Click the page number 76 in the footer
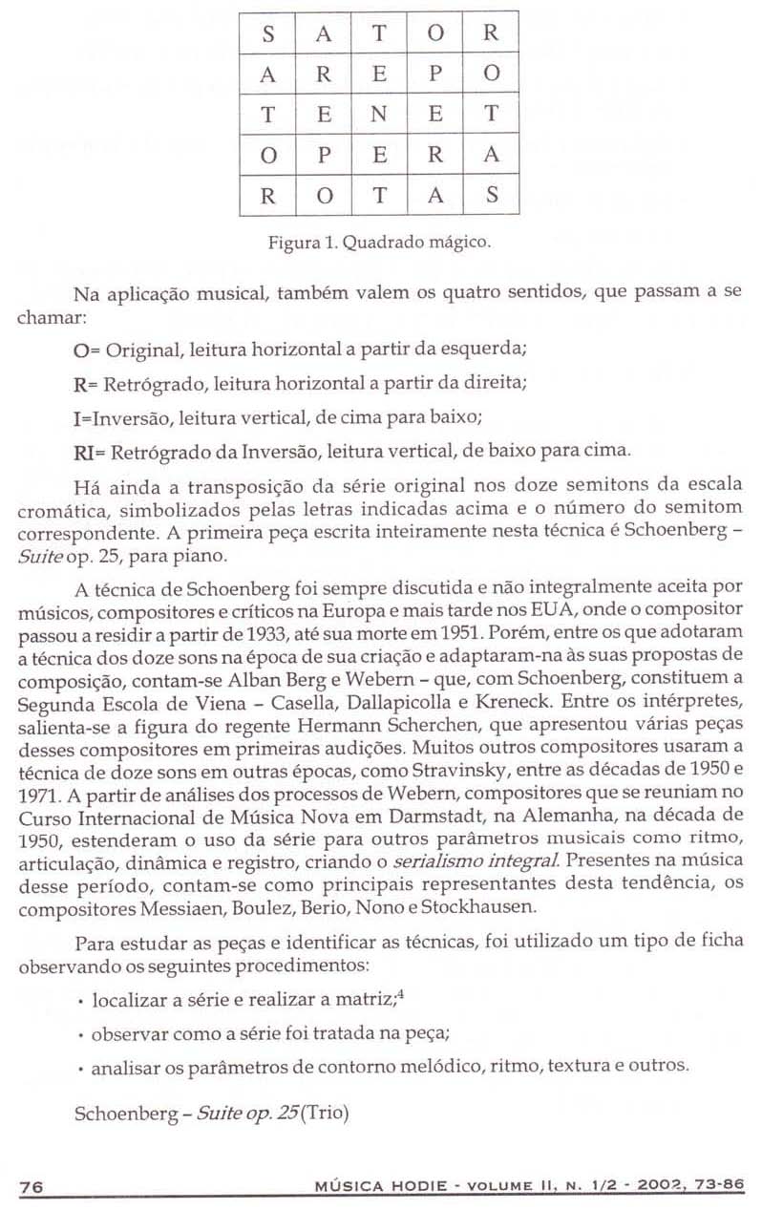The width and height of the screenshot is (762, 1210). pyautogui.click(x=32, y=1186)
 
